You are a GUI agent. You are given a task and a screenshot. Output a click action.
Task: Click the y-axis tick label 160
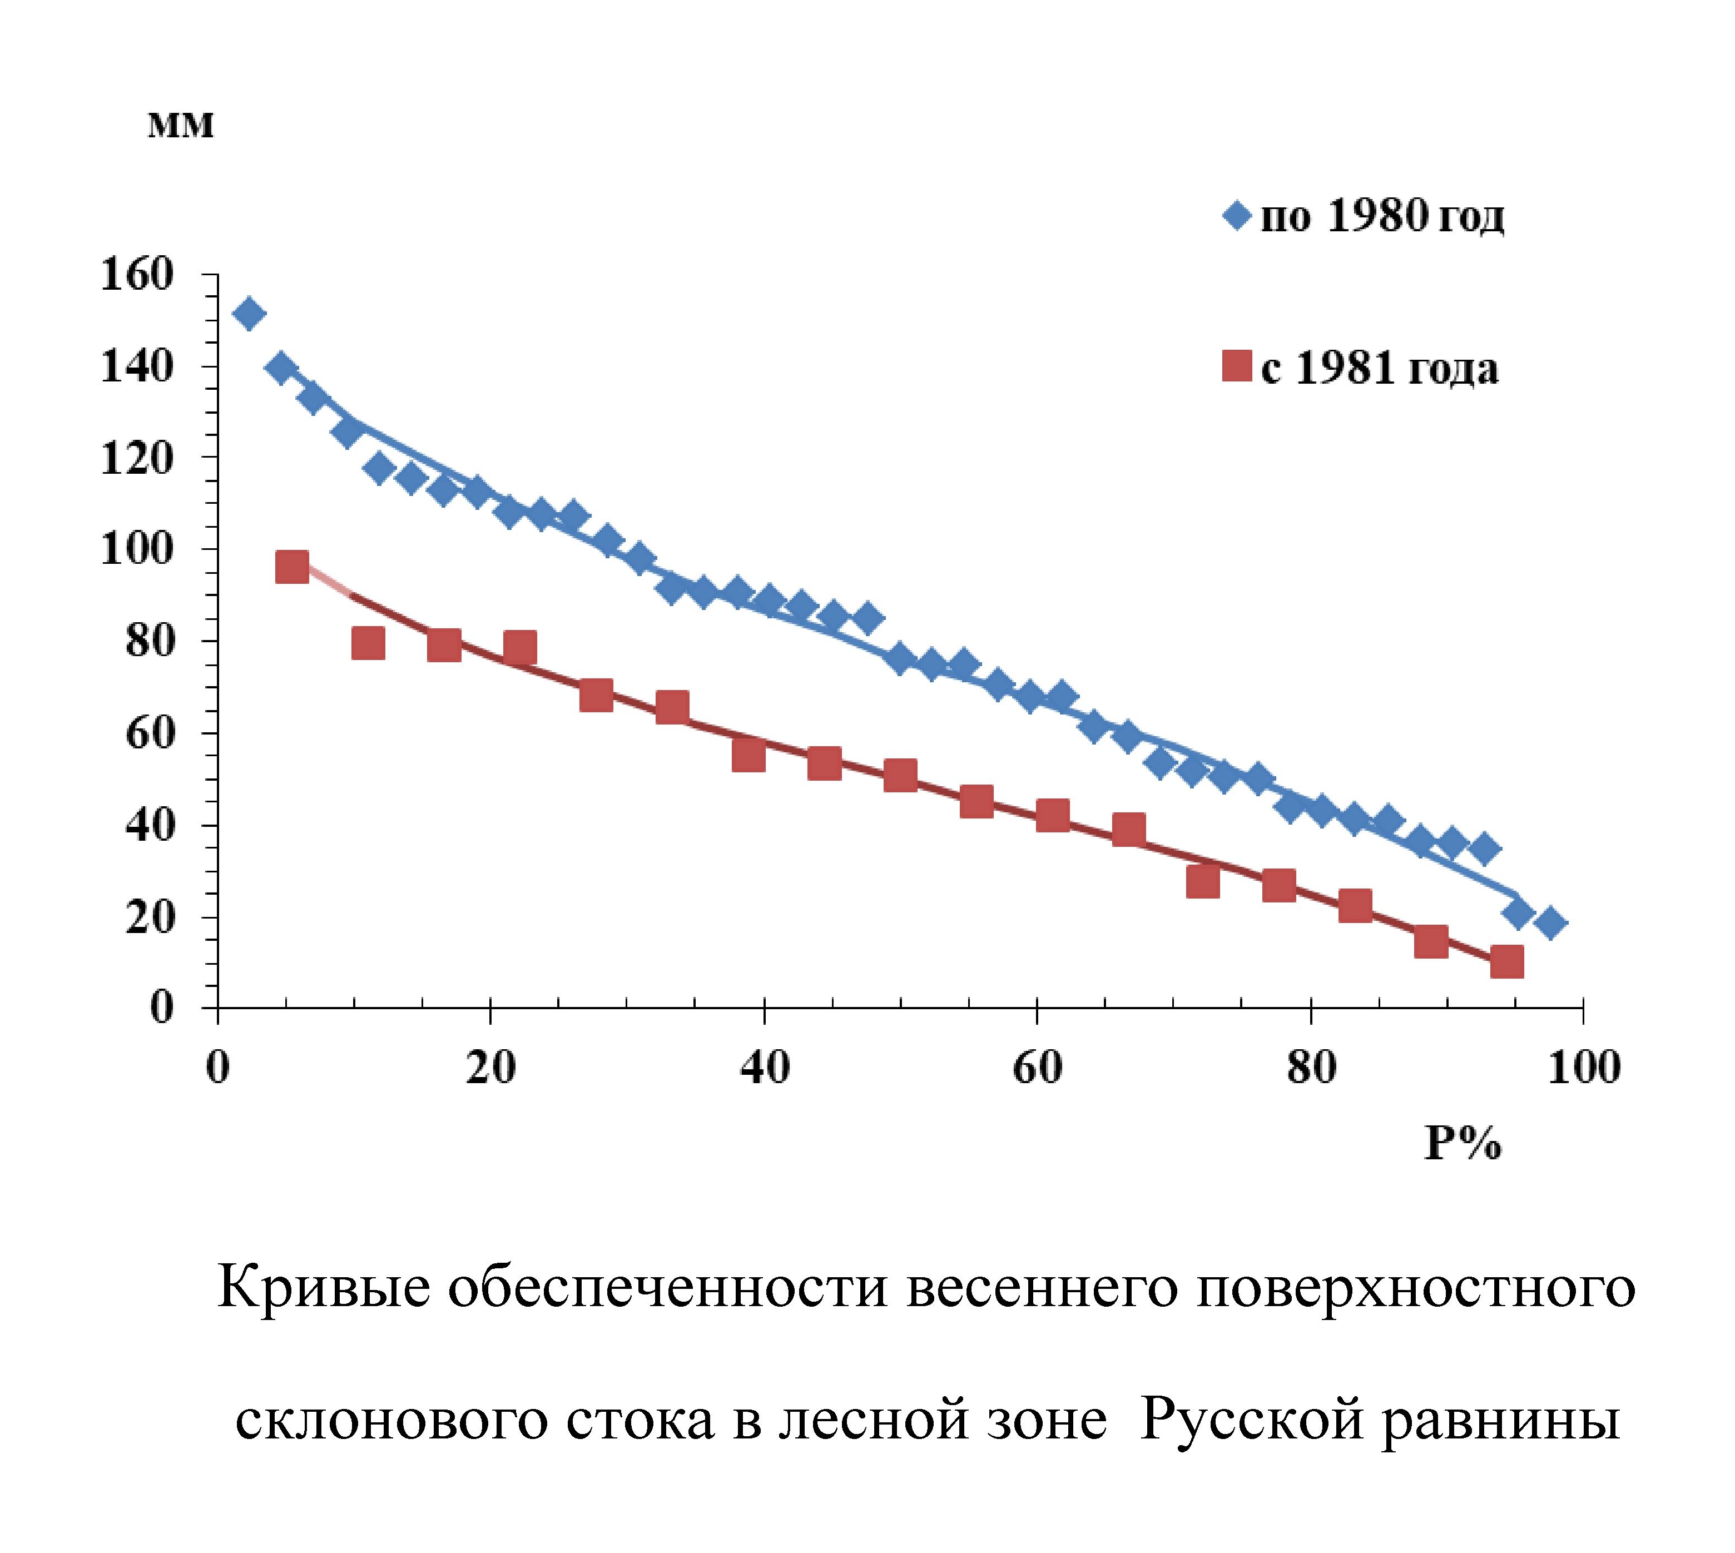[x=137, y=276]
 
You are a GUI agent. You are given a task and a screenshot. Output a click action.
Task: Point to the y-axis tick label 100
[x=137, y=549]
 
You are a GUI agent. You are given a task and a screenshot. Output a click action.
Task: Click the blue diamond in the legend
[x=1236, y=215]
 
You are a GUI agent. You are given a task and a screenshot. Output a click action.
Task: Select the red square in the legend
[x=1236, y=367]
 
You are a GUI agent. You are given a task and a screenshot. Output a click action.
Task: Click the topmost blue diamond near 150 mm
[x=249, y=313]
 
